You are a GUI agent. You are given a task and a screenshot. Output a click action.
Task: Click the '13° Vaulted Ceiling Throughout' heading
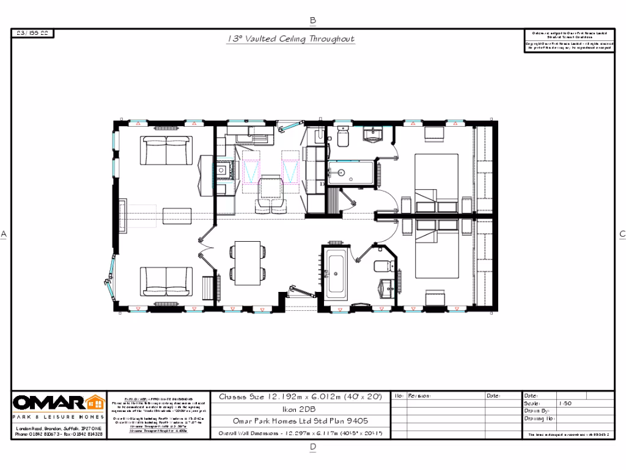click(x=290, y=39)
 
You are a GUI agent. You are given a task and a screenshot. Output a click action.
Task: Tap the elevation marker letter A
click(x=4, y=234)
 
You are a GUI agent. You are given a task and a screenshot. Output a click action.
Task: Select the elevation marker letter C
click(x=622, y=234)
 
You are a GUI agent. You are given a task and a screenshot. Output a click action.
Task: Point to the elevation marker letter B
click(x=313, y=20)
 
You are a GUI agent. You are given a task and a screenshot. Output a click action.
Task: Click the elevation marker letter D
click(x=313, y=447)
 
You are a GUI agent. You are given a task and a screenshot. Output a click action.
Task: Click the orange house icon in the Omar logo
click(x=95, y=403)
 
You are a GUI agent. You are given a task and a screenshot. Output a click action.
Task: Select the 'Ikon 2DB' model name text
click(x=300, y=409)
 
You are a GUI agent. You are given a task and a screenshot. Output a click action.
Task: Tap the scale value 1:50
click(x=548, y=403)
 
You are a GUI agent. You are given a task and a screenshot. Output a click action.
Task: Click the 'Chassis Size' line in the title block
click(x=300, y=397)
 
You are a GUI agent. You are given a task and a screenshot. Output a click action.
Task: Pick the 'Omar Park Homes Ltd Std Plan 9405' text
click(x=300, y=421)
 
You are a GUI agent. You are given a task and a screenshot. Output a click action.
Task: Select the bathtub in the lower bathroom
click(x=337, y=272)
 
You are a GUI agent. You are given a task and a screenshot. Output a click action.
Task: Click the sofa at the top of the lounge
click(x=166, y=150)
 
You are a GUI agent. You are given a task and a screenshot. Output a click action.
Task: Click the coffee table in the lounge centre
click(x=178, y=216)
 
